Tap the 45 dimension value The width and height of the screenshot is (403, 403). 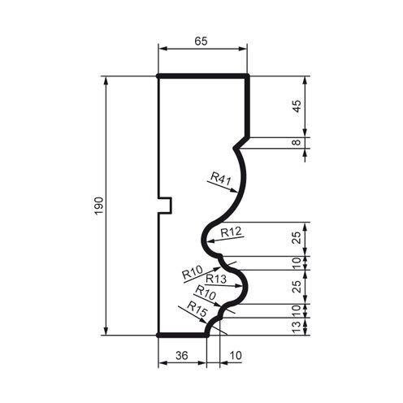click(297, 106)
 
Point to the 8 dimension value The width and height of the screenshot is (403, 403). click(297, 143)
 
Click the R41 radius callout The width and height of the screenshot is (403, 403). click(219, 176)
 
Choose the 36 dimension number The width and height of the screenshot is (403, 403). click(180, 355)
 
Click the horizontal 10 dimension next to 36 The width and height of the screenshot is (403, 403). click(236, 355)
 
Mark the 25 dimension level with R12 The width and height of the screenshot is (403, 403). click(297, 237)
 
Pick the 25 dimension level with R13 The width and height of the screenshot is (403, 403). click(297, 286)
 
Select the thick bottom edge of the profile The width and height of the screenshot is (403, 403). click(180, 333)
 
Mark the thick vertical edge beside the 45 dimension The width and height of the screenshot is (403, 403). click(247, 106)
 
